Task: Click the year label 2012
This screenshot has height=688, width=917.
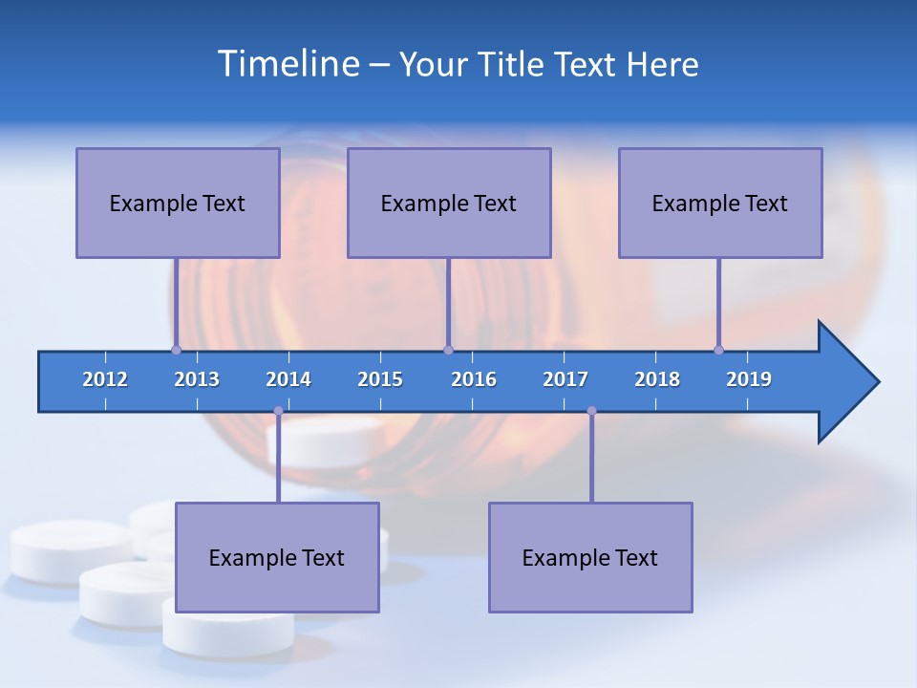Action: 105,379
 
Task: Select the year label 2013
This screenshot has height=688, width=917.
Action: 197,379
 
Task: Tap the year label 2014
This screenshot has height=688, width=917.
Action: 288,379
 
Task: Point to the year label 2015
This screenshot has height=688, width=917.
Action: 380,379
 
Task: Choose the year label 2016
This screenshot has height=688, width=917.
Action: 474,379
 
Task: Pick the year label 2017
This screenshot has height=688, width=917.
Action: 565,379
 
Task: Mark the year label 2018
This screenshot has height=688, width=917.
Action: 657,379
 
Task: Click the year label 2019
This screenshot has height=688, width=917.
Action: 749,379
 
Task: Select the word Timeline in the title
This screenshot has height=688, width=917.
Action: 288,63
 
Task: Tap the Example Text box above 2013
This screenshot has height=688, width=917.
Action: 178,203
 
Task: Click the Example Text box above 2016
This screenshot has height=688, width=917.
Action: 449,203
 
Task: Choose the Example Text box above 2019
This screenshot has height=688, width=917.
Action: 720,203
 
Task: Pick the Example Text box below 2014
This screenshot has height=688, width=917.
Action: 277,557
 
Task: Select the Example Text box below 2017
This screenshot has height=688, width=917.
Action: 590,557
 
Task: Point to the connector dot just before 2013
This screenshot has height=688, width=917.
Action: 176,350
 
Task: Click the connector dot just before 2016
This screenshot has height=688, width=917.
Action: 448,350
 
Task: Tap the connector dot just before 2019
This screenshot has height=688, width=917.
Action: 718,350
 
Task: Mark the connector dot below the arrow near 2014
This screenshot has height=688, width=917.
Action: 278,411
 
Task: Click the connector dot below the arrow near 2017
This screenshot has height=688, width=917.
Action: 591,411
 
